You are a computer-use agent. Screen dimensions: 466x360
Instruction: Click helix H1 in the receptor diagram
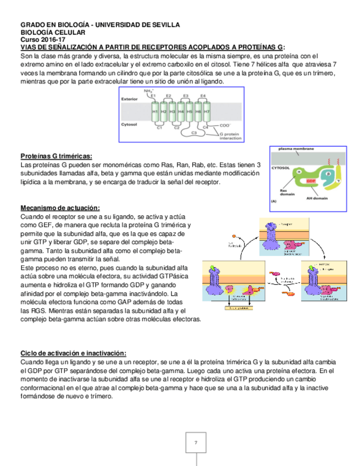(155, 112)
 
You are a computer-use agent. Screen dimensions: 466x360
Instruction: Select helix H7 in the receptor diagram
(207, 112)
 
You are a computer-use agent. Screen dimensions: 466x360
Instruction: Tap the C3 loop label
(194, 133)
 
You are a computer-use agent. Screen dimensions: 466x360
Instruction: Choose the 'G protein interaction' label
(231, 136)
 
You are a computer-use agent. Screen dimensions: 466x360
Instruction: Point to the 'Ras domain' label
(279, 193)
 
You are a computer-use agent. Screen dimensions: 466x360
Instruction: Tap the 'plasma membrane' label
(296, 149)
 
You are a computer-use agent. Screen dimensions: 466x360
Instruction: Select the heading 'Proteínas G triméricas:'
(56, 156)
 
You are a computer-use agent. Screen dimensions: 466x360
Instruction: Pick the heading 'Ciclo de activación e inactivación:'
(73, 353)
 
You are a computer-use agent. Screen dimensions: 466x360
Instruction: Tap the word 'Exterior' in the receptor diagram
(130, 99)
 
